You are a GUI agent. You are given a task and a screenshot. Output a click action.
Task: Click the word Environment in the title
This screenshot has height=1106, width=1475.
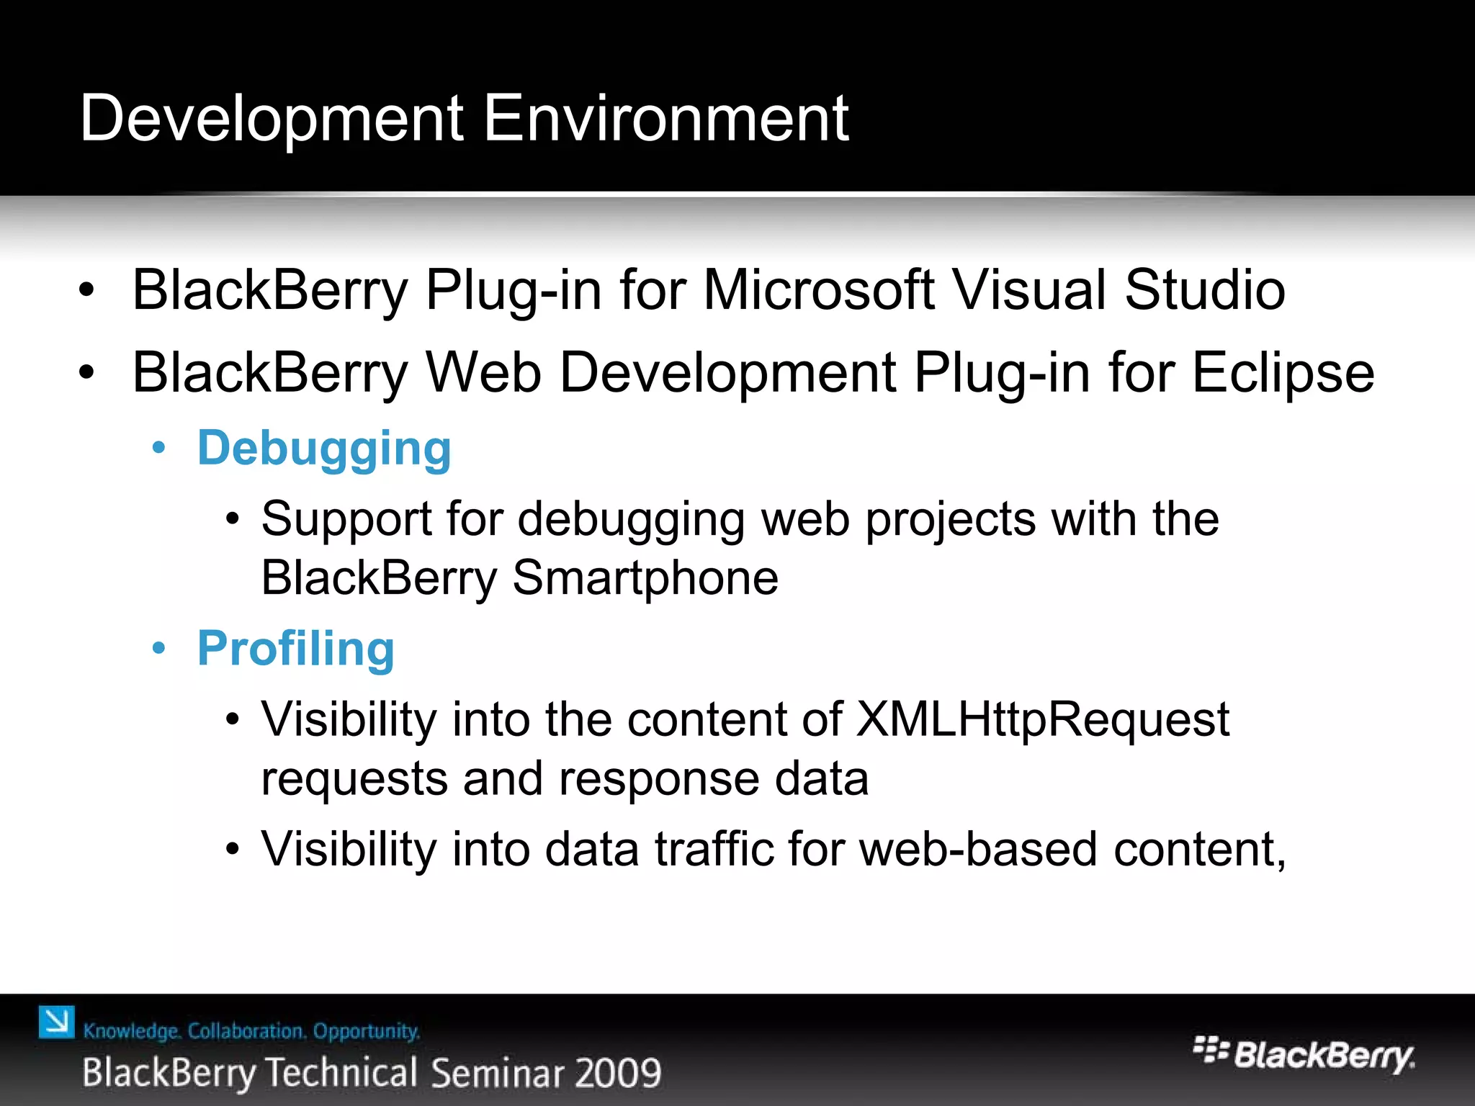click(x=665, y=118)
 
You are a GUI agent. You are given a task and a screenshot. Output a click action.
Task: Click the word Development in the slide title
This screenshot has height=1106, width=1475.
click(x=272, y=120)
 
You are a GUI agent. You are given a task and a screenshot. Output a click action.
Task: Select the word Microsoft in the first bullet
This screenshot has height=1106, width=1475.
click(x=818, y=290)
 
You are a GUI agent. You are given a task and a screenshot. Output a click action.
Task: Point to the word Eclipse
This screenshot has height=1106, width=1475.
click(x=1283, y=374)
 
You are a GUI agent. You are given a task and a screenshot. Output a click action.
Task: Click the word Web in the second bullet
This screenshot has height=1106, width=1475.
click(x=483, y=373)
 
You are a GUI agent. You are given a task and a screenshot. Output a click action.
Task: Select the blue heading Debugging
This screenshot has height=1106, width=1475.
click(x=324, y=449)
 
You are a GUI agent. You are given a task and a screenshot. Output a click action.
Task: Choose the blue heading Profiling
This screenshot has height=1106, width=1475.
click(x=296, y=649)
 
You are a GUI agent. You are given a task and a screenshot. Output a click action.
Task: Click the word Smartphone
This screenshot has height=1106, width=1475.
click(x=645, y=577)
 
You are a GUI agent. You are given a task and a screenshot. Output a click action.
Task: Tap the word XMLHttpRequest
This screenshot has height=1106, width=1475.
click(x=1043, y=719)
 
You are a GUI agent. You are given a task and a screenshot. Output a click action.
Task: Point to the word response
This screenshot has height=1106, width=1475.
click(x=658, y=779)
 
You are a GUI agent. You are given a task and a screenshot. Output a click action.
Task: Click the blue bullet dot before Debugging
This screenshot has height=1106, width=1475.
click(x=159, y=449)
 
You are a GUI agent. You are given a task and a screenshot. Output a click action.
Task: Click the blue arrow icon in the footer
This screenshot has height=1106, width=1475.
click(x=57, y=1022)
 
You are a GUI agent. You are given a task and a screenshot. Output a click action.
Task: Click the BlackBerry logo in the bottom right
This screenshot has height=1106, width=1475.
click(x=1304, y=1054)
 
